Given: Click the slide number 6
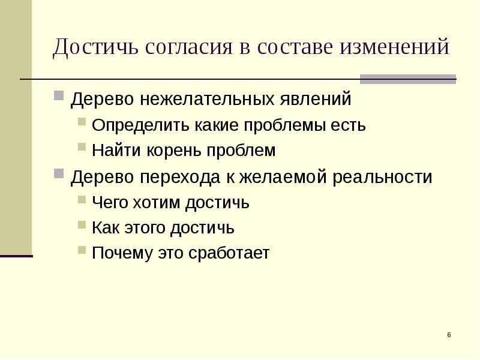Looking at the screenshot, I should tap(448, 334).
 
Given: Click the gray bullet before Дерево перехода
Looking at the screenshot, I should tap(58, 174).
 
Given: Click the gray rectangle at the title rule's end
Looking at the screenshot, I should tap(407, 79).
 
